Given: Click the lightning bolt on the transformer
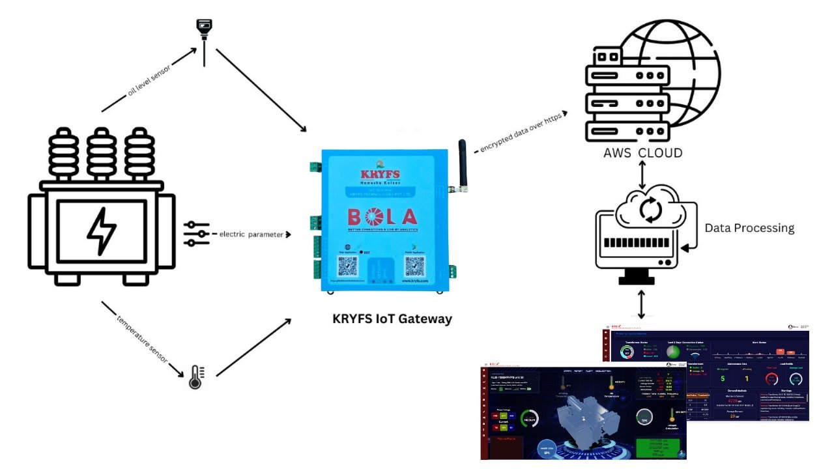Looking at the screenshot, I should [102, 231].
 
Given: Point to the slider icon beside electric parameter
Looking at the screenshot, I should [197, 234].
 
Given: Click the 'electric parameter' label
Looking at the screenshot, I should [250, 234].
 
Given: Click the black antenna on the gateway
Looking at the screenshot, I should [462, 163].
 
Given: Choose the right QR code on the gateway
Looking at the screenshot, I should [414, 267].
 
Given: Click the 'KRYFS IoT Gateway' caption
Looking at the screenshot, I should [392, 319].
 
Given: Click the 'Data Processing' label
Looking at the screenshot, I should [749, 228].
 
